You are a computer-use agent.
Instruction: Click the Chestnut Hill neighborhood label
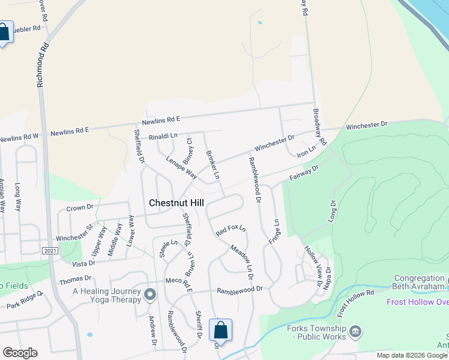point(176,203)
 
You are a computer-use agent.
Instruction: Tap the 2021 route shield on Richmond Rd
point(50,250)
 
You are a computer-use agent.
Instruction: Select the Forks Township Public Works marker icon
point(355,331)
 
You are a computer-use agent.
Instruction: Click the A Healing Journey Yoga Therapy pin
point(150,294)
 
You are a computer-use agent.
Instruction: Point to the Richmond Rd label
point(43,65)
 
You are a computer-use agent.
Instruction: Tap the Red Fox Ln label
point(231,230)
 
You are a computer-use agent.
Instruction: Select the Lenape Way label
point(182,165)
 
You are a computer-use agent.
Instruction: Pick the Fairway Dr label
point(304,174)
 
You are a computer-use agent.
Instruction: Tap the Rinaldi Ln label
point(163,136)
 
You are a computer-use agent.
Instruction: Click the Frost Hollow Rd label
point(355,303)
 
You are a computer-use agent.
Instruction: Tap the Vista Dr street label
point(84,263)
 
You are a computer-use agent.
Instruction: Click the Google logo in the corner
point(20,352)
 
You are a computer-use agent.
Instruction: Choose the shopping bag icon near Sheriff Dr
point(220,330)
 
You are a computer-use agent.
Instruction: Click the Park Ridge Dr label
point(25,301)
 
